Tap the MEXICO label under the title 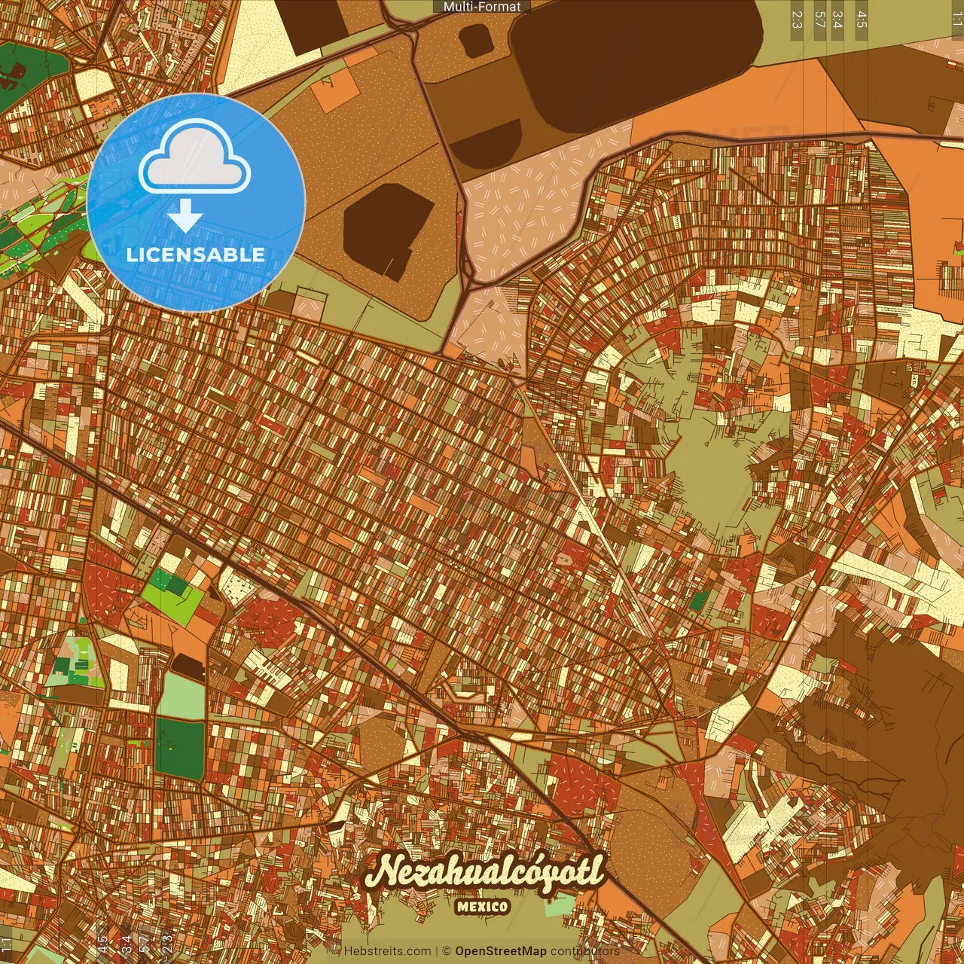click(482, 907)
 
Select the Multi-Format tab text click(482, 7)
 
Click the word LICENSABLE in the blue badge click(196, 255)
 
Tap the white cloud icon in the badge click(195, 157)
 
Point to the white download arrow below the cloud click(185, 217)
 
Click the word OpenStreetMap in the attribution click(501, 951)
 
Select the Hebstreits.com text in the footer click(387, 951)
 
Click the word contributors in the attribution click(585, 951)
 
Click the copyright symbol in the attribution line click(446, 951)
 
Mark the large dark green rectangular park click(180, 749)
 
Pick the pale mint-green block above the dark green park click(181, 696)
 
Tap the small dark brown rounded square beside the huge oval click(476, 39)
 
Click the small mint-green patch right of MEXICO click(559, 905)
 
